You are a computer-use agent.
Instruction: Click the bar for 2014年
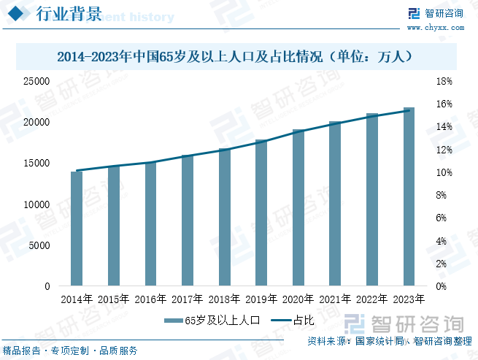76,229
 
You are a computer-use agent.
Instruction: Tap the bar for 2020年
298,207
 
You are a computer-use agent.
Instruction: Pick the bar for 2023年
409,196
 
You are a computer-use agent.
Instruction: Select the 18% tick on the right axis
444,81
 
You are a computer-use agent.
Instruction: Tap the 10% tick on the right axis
444,172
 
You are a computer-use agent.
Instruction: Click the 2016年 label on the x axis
150,299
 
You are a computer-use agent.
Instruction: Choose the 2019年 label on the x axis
261,299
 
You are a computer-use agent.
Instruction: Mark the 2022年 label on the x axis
372,299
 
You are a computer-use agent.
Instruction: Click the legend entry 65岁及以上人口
212,320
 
